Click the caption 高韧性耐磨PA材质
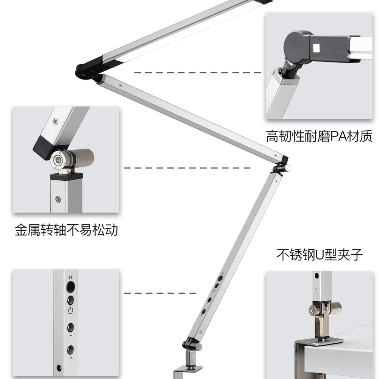click(319, 136)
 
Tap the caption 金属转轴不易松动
click(66, 230)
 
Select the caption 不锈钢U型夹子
click(319, 255)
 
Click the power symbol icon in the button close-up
click(70, 310)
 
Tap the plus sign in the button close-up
click(71, 357)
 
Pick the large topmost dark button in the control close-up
click(70, 287)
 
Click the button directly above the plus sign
click(70, 349)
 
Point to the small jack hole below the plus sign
click(58, 368)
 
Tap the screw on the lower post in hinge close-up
click(58, 199)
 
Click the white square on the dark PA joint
click(316, 48)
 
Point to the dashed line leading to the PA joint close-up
click(197, 72)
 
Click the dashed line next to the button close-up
click(160, 293)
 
